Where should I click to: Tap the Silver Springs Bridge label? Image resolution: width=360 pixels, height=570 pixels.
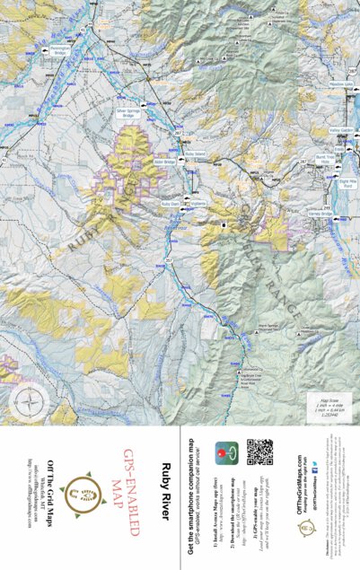pos(127,113)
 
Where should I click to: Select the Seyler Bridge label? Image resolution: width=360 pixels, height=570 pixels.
pos(164,162)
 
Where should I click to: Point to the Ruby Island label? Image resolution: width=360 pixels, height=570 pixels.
pos(194,153)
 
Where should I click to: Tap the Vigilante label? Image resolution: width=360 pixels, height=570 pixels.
pos(198,204)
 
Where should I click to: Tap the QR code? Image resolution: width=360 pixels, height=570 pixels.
pos(259,452)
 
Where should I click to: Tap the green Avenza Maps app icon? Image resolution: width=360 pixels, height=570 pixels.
pos(229,449)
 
